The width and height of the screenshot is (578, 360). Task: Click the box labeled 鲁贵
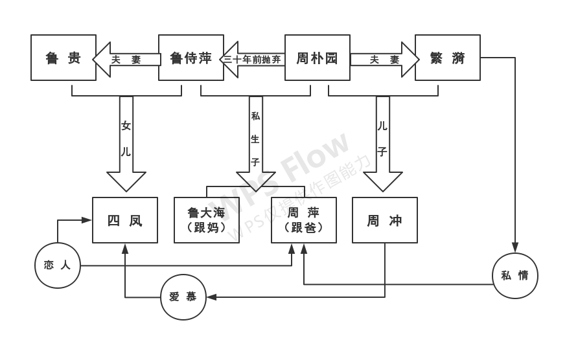[64, 58]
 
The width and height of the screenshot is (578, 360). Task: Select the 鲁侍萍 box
[191, 58]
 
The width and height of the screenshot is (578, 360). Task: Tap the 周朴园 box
[318, 58]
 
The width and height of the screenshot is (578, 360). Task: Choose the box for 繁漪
[447, 58]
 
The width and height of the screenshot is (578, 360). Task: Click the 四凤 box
[125, 220]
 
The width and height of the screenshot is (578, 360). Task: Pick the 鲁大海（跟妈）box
[206, 220]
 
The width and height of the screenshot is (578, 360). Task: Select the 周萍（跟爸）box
[304, 220]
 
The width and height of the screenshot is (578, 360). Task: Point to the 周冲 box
[384, 220]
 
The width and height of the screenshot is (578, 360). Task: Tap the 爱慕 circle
[183, 297]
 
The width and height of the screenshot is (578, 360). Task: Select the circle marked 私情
[515, 275]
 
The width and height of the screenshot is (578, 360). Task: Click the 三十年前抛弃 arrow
[254, 59]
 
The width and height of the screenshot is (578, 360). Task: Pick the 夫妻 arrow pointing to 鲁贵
[127, 59]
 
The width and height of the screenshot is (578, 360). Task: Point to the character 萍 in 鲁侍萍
[205, 58]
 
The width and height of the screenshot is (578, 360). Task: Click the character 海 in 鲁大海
[221, 212]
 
